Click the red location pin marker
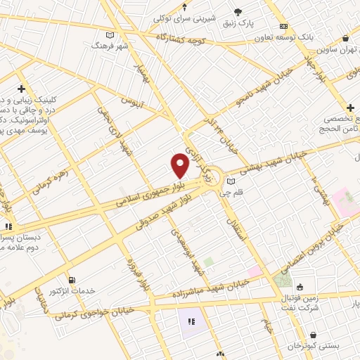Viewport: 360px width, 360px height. click(180, 165)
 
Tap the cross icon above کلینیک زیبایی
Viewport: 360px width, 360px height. click(22, 89)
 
